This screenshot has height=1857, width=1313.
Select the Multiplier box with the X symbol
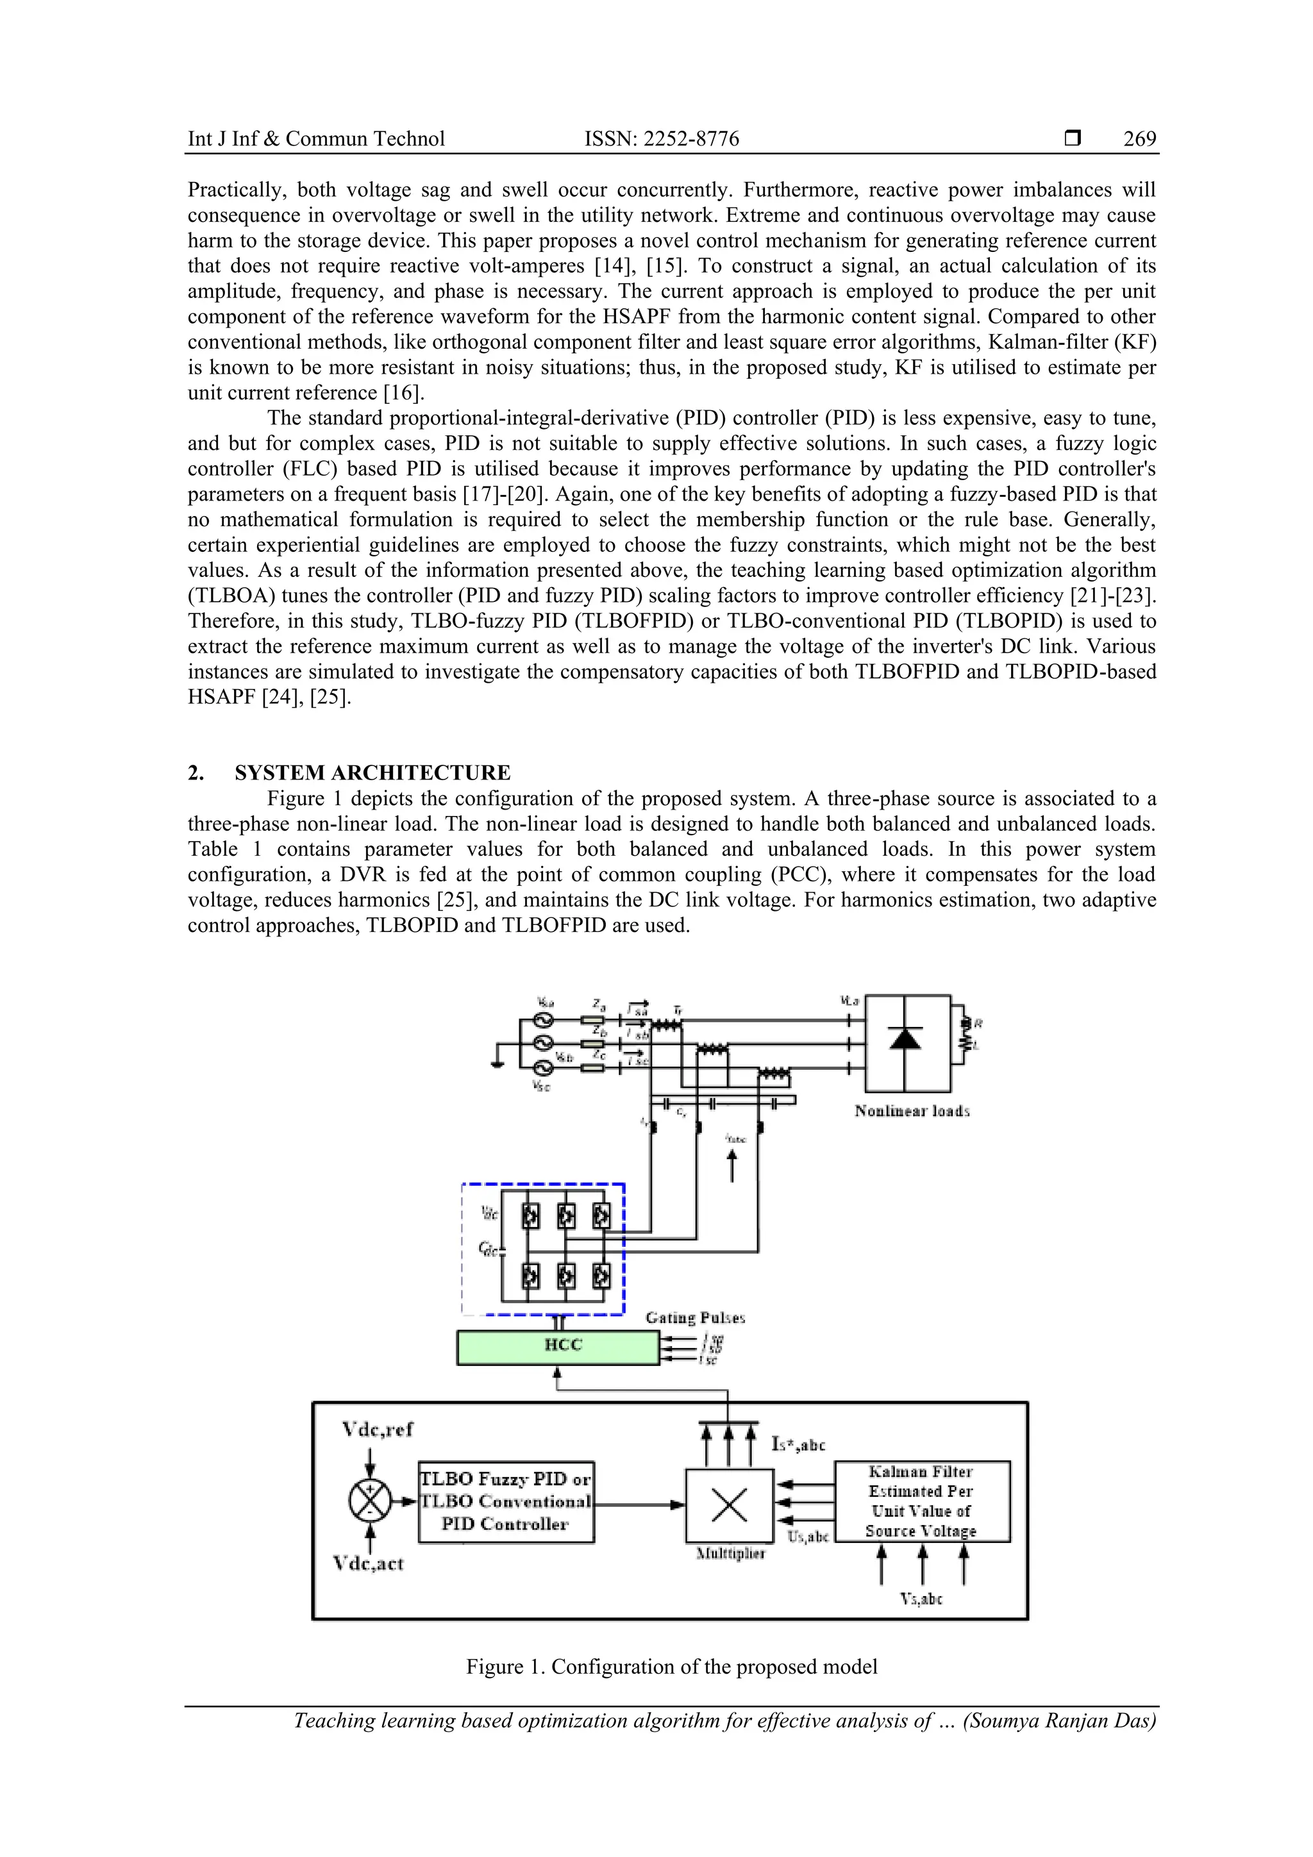(x=729, y=1505)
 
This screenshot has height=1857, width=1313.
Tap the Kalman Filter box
(x=921, y=1501)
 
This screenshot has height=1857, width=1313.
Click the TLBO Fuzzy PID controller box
(x=506, y=1501)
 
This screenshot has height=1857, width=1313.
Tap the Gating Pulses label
(x=695, y=1317)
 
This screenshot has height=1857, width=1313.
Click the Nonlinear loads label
(x=912, y=1112)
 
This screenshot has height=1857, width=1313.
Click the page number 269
(x=1139, y=139)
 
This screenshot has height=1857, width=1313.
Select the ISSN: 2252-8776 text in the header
(x=661, y=139)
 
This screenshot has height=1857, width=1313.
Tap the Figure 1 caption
(x=671, y=1666)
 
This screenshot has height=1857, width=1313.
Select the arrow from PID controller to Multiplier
(x=639, y=1504)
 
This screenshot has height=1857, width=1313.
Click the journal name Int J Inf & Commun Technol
(x=315, y=139)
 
